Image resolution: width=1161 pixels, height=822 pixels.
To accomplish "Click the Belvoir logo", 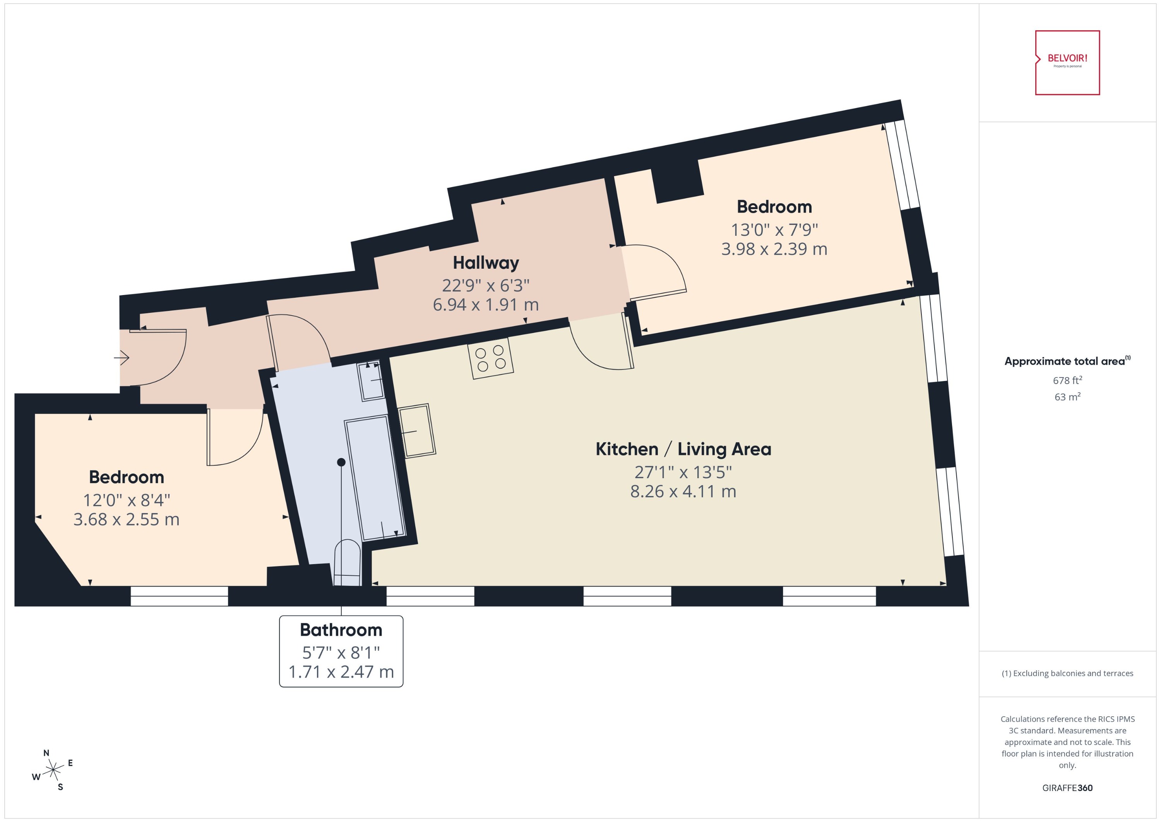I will (1067, 63).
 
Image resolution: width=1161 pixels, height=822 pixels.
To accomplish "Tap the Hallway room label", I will (486, 263).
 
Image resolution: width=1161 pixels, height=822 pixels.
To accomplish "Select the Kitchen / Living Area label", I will (683, 449).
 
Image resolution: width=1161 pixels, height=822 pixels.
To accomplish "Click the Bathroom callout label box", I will (341, 651).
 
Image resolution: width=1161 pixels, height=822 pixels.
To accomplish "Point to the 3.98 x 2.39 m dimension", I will (774, 249).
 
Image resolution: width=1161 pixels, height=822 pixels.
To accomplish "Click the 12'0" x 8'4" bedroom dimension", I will (127, 500).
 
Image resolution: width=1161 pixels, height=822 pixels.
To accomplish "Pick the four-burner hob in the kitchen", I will (490, 359).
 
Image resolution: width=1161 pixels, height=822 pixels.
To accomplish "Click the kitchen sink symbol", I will (417, 431).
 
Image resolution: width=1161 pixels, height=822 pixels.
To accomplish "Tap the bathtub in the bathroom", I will (375, 478).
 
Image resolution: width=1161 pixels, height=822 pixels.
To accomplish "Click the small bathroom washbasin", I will (371, 381).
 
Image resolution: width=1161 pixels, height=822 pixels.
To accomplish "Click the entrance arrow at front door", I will (122, 358).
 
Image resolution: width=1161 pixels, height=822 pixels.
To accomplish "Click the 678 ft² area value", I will (1067, 380).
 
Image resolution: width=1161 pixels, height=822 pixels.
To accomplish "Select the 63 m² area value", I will (1067, 397).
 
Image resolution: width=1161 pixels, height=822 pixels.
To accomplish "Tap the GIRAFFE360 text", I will (1067, 788).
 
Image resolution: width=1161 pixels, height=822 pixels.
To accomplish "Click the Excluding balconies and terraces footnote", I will (1067, 673).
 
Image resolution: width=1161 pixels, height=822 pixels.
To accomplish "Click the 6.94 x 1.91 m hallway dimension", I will (486, 305).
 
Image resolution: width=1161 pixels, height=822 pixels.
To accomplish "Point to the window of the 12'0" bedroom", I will (179, 596).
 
